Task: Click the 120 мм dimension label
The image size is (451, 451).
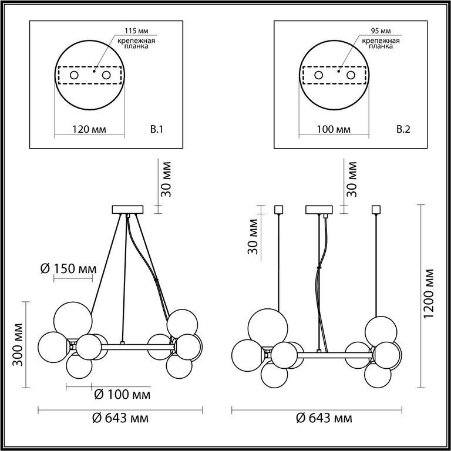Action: pyautogui.click(x=89, y=129)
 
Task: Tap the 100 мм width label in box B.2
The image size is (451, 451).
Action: pyautogui.click(x=334, y=129)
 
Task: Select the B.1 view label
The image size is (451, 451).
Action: pyautogui.click(x=157, y=129)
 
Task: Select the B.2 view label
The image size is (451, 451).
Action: pyautogui.click(x=403, y=129)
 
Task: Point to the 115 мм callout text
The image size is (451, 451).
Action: pyautogui.click(x=137, y=31)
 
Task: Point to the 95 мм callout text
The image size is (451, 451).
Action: pyautogui.click(x=381, y=31)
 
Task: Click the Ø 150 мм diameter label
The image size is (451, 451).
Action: pyautogui.click(x=69, y=269)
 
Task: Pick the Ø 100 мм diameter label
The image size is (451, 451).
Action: pyautogui.click(x=122, y=395)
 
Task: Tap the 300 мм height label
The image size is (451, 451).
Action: pyautogui.click(x=18, y=345)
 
